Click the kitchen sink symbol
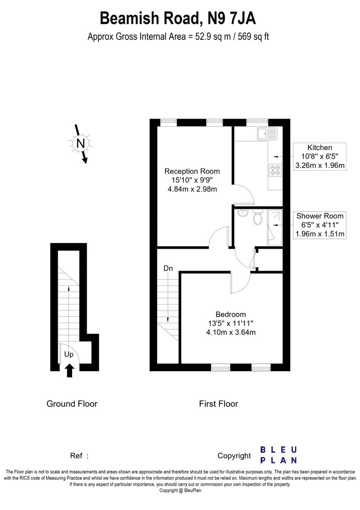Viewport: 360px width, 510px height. (267, 133)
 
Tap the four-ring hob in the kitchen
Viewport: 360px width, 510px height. (275, 170)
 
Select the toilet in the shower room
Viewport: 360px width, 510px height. (258, 218)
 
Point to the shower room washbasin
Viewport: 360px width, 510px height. (242, 213)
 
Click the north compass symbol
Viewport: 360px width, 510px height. (80, 144)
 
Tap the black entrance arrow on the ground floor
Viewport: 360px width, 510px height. (70, 371)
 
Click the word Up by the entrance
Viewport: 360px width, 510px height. (69, 354)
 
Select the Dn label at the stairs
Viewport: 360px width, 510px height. (168, 268)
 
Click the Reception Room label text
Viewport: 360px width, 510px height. (192, 171)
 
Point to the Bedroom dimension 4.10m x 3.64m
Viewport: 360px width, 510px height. (231, 332)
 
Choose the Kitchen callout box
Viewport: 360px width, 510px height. (319, 156)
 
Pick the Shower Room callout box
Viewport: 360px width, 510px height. (319, 225)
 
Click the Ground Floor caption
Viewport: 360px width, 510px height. (72, 403)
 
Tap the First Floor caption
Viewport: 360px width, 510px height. (218, 403)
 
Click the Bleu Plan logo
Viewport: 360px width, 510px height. (278, 455)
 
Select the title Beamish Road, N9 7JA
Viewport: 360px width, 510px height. (178, 18)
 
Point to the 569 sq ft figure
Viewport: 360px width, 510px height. (254, 37)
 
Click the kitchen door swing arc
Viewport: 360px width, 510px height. (247, 192)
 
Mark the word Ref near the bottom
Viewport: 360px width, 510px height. (76, 456)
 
